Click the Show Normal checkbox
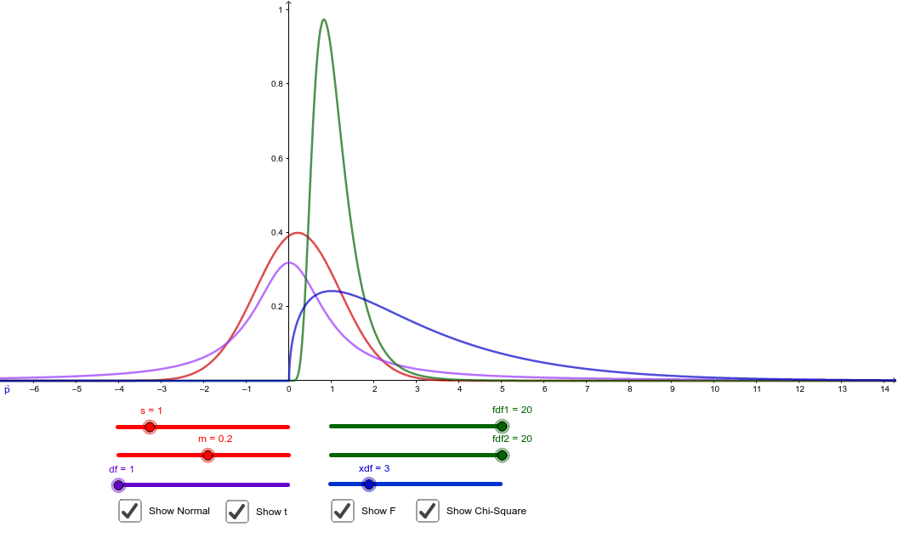coord(130,511)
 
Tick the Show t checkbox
coord(237,512)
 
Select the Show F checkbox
coord(343,511)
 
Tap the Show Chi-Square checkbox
coord(428,511)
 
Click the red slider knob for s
coord(150,427)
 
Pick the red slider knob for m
coord(207,456)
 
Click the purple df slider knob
coord(118,484)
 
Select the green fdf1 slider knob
coord(502,426)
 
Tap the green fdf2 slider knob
coord(502,456)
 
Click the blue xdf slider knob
coord(368,484)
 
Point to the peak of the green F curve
coord(323,20)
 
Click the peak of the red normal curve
coord(298,233)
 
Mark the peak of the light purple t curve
coord(289,263)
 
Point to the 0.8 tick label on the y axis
coord(277,84)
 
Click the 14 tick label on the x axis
coord(884,389)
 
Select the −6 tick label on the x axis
coord(33,389)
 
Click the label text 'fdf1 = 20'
coord(512,410)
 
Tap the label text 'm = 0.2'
coord(215,439)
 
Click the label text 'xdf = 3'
coord(373,468)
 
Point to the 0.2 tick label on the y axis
coord(277,306)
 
